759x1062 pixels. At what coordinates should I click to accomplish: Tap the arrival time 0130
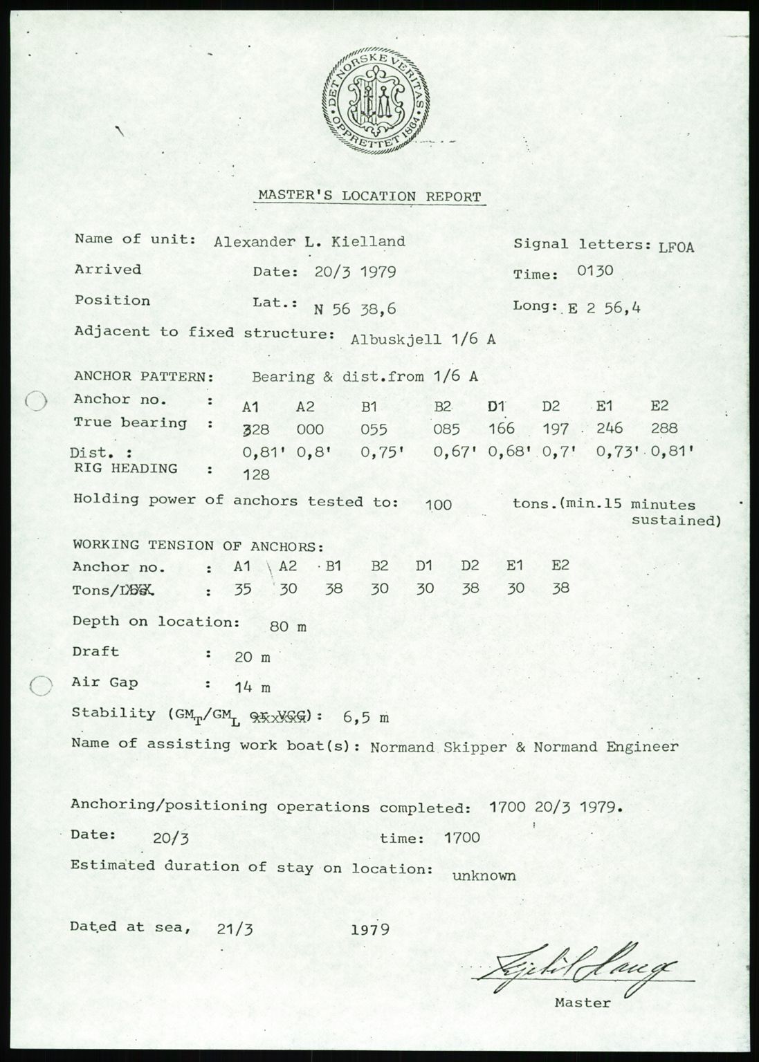[595, 270]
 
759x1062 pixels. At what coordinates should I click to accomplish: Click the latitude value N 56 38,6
[355, 309]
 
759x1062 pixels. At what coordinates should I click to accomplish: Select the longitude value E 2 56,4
[604, 308]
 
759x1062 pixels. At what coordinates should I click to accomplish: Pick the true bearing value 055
[374, 429]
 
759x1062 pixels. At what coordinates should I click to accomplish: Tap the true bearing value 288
[664, 428]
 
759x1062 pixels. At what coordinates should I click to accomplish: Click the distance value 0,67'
[456, 452]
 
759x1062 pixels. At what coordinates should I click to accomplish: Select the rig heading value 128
[257, 475]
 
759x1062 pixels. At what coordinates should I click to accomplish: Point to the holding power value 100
[439, 505]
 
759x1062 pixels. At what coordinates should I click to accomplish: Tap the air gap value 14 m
[253, 688]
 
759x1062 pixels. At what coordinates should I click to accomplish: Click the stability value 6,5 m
[365, 718]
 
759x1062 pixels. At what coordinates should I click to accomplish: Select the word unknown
[484, 876]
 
